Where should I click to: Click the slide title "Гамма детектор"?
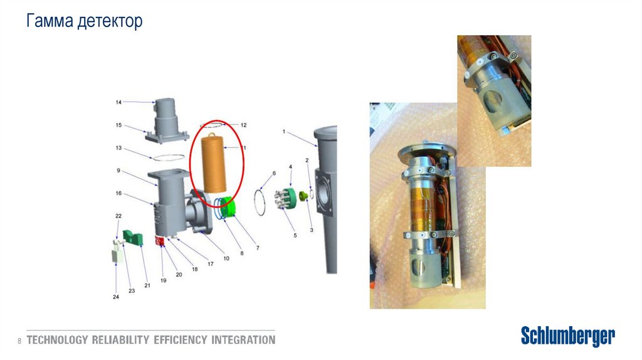click(85, 21)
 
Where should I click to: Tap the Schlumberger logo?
click(567, 336)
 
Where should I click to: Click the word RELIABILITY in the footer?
click(120, 340)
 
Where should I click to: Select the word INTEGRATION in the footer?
click(243, 340)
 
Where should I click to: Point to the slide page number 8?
click(19, 341)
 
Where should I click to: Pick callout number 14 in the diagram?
click(118, 102)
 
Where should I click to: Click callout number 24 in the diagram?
click(116, 297)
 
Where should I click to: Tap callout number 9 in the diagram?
click(118, 171)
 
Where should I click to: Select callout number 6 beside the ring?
click(274, 173)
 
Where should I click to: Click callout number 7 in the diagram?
click(258, 248)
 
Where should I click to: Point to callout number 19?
click(164, 280)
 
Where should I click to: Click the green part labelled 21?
click(133, 238)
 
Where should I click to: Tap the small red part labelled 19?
click(159, 241)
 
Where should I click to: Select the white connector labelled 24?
click(117, 255)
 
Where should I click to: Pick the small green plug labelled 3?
click(303, 196)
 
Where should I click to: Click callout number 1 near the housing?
click(284, 132)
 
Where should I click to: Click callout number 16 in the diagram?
click(118, 193)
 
